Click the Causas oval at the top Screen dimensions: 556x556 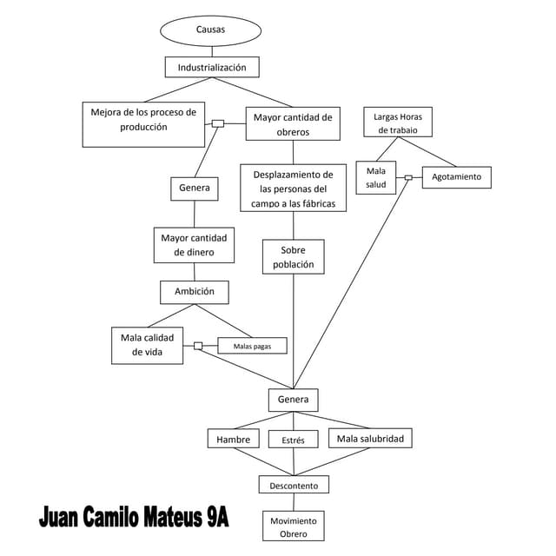coord(210,30)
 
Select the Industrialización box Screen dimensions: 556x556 coord(212,67)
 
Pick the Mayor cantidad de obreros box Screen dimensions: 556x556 coord(293,124)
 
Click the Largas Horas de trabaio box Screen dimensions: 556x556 coord(398,122)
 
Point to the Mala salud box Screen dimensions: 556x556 coord(375,178)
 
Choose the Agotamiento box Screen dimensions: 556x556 coord(456,177)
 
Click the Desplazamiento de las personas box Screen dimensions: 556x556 coord(293,189)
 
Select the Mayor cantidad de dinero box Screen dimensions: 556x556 coord(194,245)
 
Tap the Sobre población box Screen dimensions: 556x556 coord(294,257)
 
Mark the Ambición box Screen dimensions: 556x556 coord(195,292)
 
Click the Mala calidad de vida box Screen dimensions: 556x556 coord(148,345)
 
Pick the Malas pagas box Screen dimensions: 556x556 coord(252,346)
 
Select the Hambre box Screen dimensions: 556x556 coord(234,439)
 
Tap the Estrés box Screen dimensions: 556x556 coord(294,440)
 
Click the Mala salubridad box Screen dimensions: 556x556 coord(370,439)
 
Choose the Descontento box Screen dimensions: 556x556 coord(294,485)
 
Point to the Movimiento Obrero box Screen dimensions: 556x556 coord(294,526)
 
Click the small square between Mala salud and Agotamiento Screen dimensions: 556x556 coord(407,177)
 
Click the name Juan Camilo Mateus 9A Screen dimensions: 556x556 coord(135,519)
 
